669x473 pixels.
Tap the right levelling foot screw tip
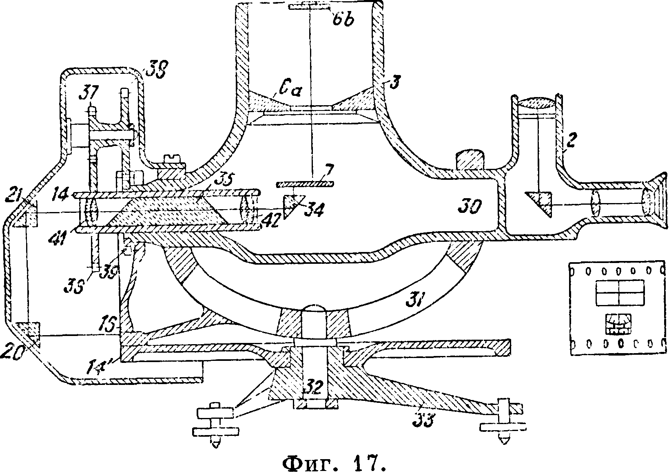(x=505, y=441)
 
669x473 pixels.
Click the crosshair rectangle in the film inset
(x=620, y=293)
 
